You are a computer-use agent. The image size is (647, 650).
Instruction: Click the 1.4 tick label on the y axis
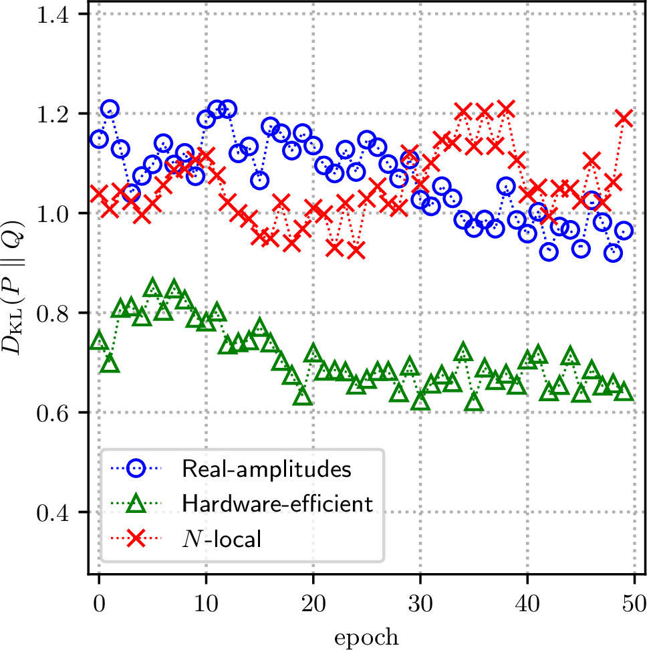53,15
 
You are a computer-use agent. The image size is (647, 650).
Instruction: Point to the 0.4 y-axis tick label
53,513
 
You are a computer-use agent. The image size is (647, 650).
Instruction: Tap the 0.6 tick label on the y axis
53,414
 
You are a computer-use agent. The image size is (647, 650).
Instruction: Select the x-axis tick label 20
313,604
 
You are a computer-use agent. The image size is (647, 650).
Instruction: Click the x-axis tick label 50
634,604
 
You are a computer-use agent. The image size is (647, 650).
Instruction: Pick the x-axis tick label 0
99,604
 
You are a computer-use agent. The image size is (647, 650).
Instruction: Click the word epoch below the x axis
366,637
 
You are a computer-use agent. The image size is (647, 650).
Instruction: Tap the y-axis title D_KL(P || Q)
13,288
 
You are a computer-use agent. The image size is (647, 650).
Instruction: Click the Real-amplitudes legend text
267,469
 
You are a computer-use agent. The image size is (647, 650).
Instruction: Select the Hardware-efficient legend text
277,504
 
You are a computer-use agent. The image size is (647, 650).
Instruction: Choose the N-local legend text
222,538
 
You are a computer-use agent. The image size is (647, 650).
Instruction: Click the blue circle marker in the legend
136,468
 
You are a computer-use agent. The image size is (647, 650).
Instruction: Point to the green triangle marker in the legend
136,504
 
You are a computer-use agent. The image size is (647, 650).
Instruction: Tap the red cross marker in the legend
136,538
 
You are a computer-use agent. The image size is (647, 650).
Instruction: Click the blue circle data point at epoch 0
99,139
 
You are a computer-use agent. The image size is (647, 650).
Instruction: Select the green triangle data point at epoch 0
99,341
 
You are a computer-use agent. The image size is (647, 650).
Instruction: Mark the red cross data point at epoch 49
624,118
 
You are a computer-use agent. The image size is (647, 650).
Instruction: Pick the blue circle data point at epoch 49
624,230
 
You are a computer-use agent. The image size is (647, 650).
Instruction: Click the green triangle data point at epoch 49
624,392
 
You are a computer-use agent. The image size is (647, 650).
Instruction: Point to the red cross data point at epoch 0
99,193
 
